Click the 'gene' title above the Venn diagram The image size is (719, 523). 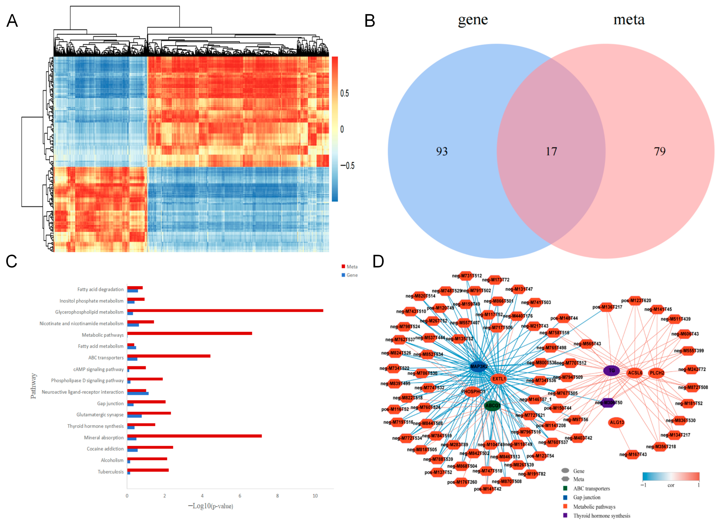(x=473, y=20)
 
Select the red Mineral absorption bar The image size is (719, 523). (x=194, y=436)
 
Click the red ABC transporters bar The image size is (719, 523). (x=169, y=356)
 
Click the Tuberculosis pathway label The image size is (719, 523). (x=111, y=472)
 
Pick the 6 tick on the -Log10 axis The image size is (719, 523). (x=240, y=496)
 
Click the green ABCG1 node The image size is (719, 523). (x=492, y=406)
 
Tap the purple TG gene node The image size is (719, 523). (x=611, y=370)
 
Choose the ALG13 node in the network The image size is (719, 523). (x=617, y=422)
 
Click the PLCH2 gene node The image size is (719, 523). (x=657, y=373)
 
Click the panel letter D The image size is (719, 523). (x=378, y=261)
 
